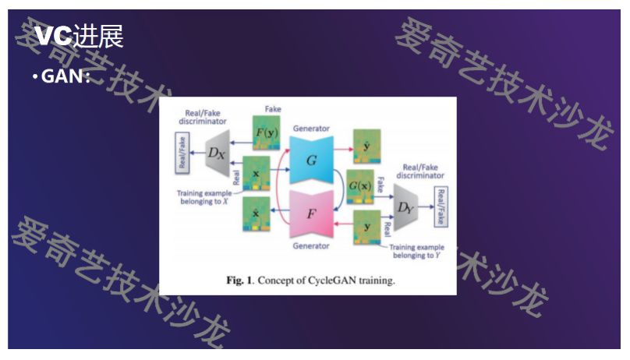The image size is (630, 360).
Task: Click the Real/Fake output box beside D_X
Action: point(182,152)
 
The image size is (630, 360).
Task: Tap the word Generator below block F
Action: point(311,245)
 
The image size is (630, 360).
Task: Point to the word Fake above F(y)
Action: point(273,109)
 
